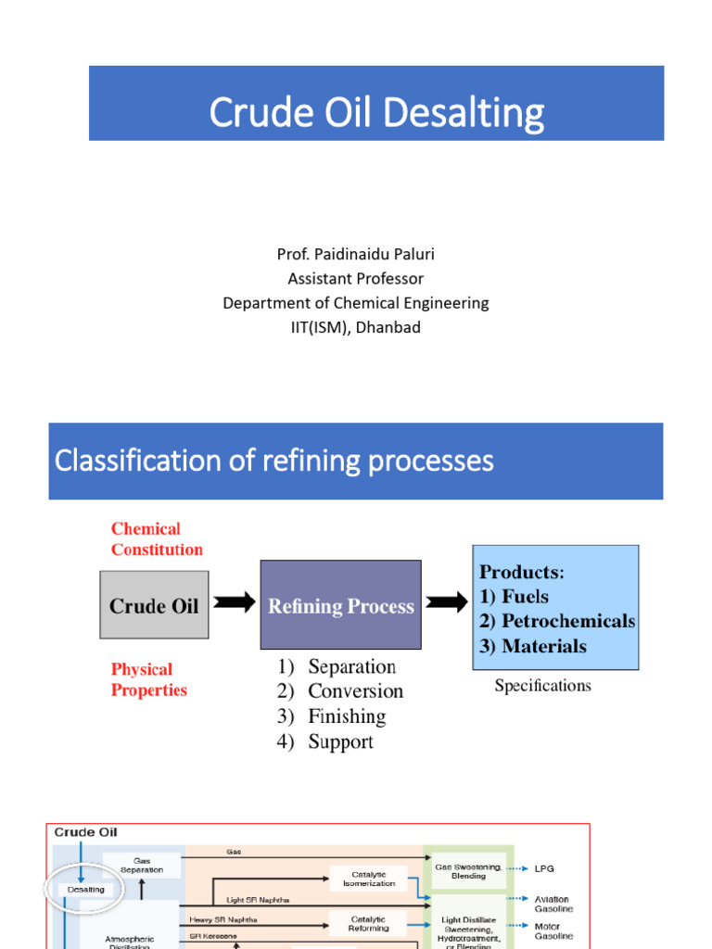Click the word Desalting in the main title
click(x=463, y=113)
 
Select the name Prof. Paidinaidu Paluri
click(x=355, y=254)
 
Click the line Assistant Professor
click(x=355, y=278)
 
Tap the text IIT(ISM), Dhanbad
click(x=355, y=327)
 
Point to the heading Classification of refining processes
click(x=274, y=461)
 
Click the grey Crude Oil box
click(x=154, y=606)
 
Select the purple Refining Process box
click(x=340, y=606)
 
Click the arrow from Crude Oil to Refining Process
click(x=235, y=603)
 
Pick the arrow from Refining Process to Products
click(x=447, y=603)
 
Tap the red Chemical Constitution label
click(x=157, y=539)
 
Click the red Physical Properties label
click(x=148, y=679)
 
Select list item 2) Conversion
click(x=340, y=691)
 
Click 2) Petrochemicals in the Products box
click(x=556, y=621)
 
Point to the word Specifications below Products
click(x=542, y=686)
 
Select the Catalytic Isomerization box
click(x=368, y=879)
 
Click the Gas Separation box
click(x=141, y=866)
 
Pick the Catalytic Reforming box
click(x=368, y=923)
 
